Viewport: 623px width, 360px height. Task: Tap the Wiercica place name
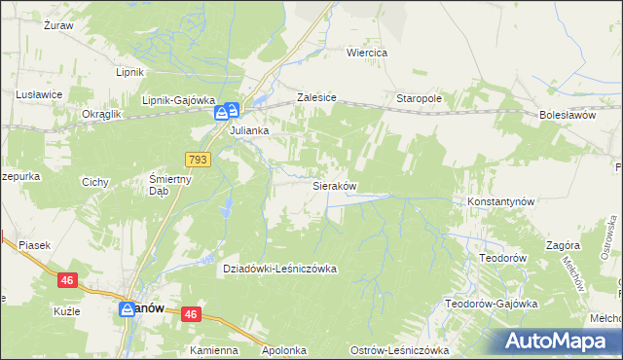368,53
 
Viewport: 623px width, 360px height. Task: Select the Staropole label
420,99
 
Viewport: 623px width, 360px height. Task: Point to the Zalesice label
316,98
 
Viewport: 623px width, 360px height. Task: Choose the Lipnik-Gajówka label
177,99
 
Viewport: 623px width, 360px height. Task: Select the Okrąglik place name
101,114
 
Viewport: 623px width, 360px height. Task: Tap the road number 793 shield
198,159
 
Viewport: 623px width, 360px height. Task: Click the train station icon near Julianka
227,113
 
